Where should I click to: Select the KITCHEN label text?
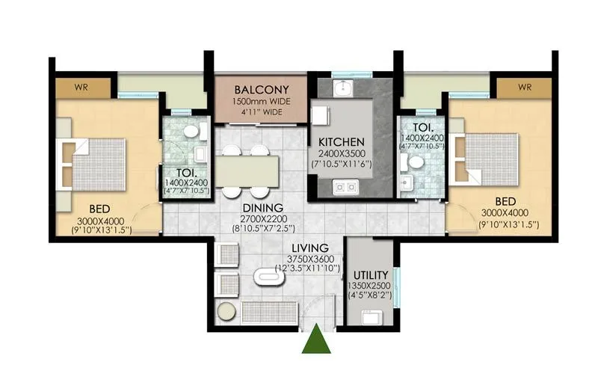[x=341, y=141]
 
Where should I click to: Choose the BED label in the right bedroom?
[x=507, y=202]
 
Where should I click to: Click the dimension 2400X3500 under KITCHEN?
[x=341, y=153]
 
